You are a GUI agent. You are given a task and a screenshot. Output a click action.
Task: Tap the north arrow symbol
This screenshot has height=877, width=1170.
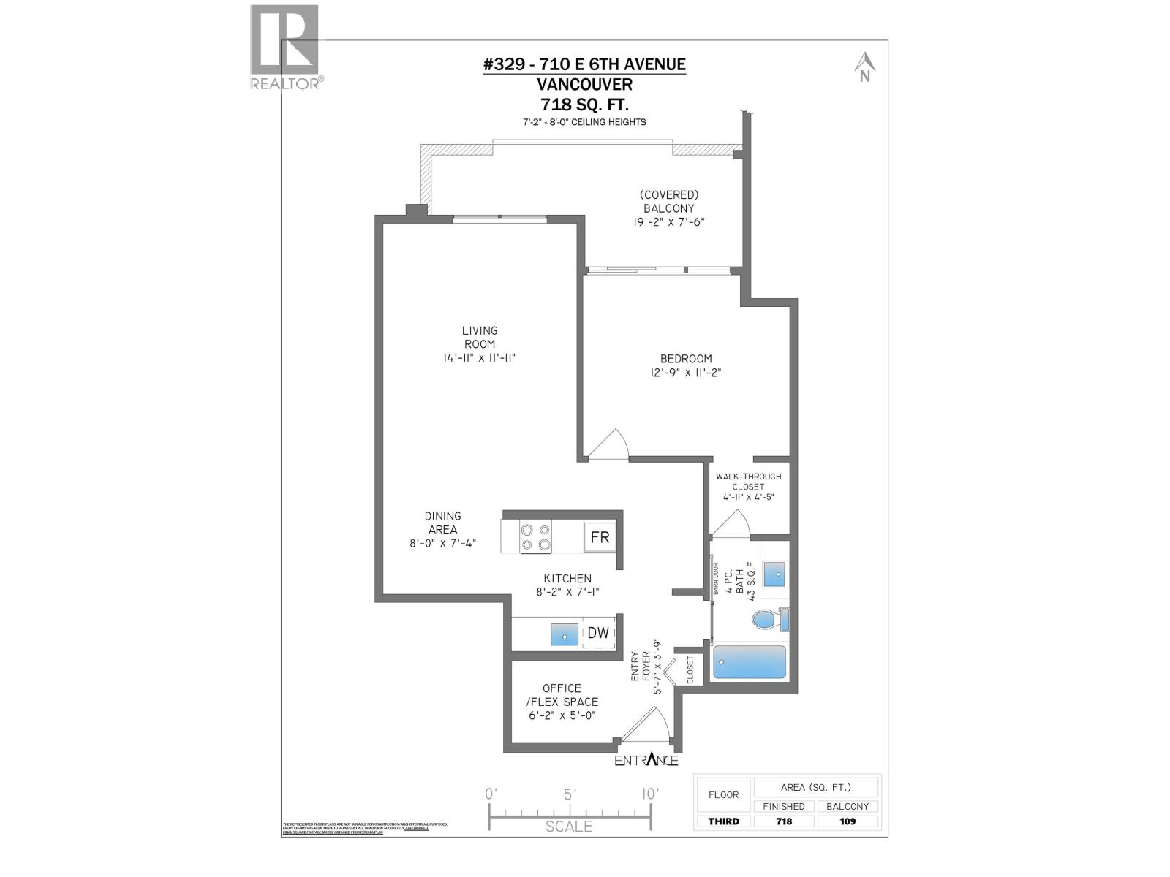pos(865,67)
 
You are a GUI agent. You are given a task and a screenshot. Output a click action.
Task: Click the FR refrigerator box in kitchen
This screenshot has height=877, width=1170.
pos(600,537)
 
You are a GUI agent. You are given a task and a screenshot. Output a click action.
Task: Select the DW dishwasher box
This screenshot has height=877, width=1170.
pos(598,633)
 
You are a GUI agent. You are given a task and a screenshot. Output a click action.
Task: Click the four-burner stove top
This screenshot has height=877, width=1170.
pos(535,537)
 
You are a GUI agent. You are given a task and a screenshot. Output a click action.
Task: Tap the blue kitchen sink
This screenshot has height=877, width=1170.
pos(564,634)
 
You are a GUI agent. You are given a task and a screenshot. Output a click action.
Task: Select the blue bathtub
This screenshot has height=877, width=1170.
pos(749,662)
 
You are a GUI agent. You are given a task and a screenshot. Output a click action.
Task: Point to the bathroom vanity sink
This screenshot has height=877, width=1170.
pos(775,574)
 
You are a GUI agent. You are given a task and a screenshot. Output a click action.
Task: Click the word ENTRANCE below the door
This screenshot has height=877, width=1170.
pos(646,760)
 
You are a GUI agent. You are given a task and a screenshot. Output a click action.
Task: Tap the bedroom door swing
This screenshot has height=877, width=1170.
pos(610,446)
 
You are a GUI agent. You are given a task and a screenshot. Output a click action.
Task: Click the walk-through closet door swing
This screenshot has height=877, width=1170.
pos(731,523)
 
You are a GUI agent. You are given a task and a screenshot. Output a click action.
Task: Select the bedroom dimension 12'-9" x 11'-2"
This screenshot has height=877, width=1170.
pos(686,372)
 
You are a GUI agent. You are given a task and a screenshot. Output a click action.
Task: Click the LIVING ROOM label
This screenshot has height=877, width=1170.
pos(480,337)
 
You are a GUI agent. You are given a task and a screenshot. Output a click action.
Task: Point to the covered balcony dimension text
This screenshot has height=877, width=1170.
pos(669,222)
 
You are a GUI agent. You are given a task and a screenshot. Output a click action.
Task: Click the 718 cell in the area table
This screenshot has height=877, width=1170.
pos(784,821)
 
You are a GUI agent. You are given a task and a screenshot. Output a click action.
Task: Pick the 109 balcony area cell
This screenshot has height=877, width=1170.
pos(847,821)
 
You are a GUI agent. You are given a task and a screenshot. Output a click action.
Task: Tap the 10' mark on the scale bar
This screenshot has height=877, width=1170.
pos(649,794)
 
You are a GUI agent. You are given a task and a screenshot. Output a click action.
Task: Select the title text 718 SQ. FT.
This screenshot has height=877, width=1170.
pos(584,104)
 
